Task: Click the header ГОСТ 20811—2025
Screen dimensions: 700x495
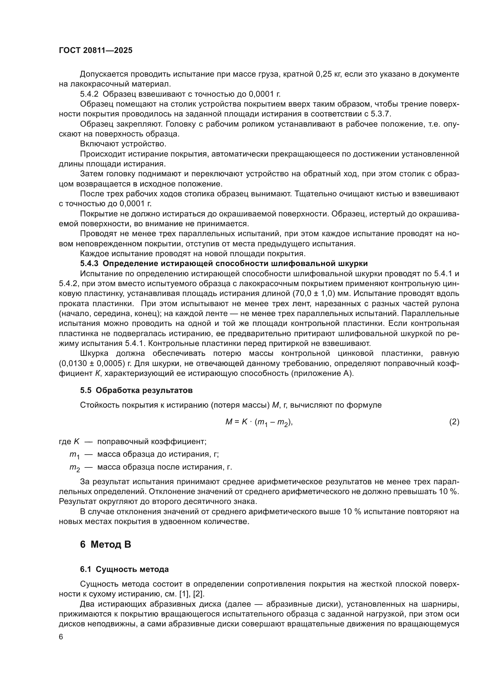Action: pyautogui.click(x=96, y=51)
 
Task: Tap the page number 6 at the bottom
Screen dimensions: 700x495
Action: pyautogui.click(x=61, y=637)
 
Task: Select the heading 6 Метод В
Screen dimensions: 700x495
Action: pyautogui.click(x=105, y=544)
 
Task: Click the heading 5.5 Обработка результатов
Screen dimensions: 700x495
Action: pyautogui.click(x=136, y=390)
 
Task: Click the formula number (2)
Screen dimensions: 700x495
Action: pyautogui.click(x=454, y=422)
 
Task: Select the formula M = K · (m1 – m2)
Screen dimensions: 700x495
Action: pyautogui.click(x=259, y=422)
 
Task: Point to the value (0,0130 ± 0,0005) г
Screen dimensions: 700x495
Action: pyautogui.click(x=95, y=364)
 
